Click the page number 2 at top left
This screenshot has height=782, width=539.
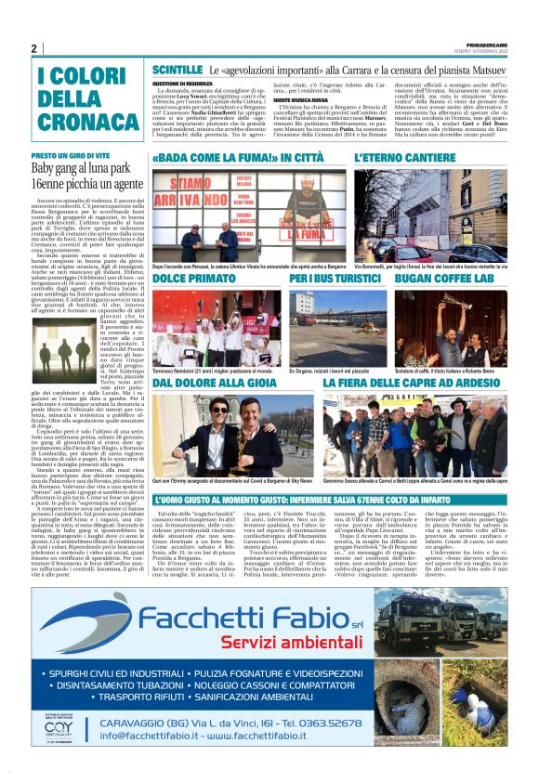click(x=34, y=48)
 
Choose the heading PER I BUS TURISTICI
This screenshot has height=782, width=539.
click(x=330, y=278)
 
